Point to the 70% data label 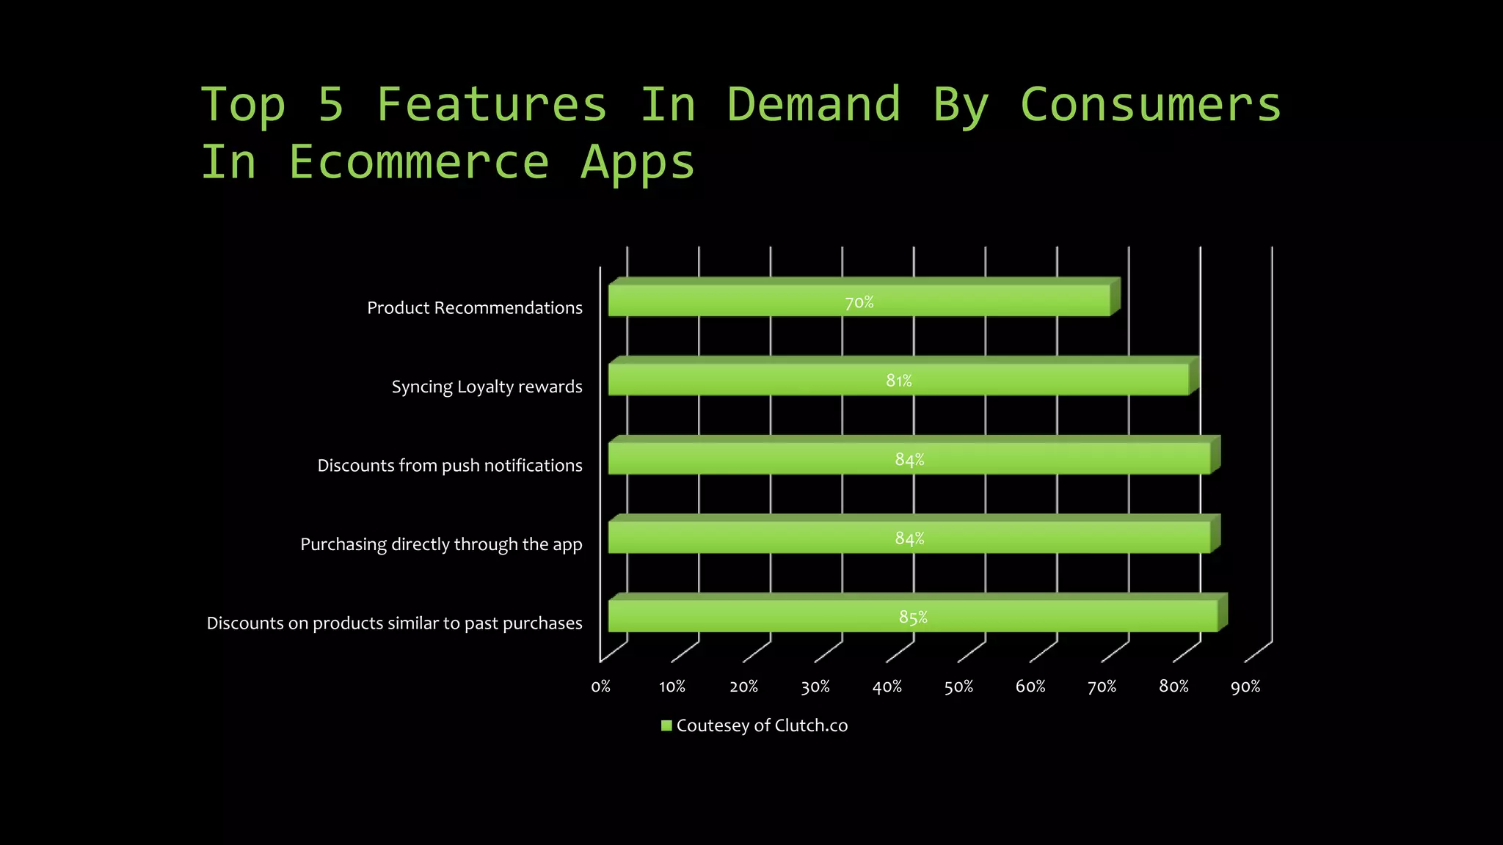(859, 302)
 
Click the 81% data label (898, 381)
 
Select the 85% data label (913, 618)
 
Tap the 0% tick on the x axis (601, 687)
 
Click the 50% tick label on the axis (958, 687)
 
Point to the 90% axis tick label (1245, 687)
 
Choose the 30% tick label (815, 687)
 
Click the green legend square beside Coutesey (666, 725)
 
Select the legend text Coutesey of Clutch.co (762, 725)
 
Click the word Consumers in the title (1150, 104)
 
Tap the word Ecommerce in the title (418, 161)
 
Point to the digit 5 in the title (331, 104)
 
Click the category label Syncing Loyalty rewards (487, 387)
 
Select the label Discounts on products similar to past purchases (394, 623)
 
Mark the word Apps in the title (637, 163)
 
